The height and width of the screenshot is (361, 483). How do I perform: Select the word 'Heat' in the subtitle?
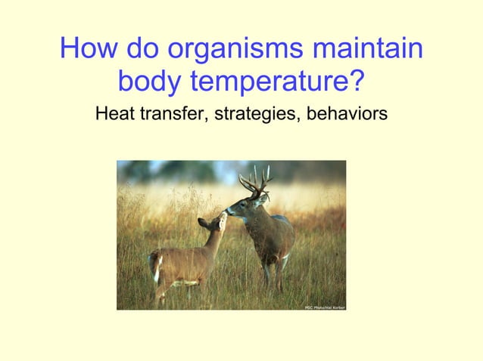click(111, 115)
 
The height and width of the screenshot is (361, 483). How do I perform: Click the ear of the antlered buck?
click(262, 199)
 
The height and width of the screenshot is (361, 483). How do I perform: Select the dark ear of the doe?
click(203, 223)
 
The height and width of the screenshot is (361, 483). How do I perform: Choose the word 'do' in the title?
click(142, 50)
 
